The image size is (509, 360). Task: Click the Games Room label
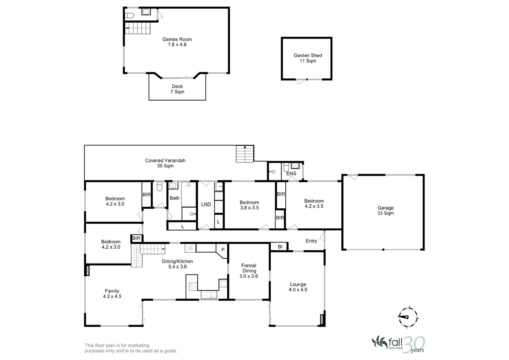[x=177, y=42]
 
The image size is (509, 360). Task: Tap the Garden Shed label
[x=308, y=58]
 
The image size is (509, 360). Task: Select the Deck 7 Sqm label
[x=177, y=89]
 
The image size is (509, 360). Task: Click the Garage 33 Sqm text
[x=385, y=210]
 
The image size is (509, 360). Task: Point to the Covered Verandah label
[x=165, y=163]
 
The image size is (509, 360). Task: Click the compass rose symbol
[x=408, y=317]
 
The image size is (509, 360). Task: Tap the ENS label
[x=291, y=174]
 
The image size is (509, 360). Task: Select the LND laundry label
[x=206, y=204]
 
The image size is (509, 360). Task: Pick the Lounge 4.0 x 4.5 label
[x=298, y=287]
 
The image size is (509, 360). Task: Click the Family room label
[x=112, y=293]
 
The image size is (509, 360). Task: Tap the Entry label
[x=311, y=241]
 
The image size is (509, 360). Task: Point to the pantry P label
[x=223, y=250]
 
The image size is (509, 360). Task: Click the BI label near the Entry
[x=280, y=247]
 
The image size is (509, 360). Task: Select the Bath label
[x=174, y=198]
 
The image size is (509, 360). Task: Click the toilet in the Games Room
[x=129, y=16]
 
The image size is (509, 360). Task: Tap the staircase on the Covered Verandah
[x=245, y=154]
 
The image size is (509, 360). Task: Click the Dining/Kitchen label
[x=177, y=264]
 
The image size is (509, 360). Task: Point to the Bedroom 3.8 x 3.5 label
[x=249, y=205]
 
